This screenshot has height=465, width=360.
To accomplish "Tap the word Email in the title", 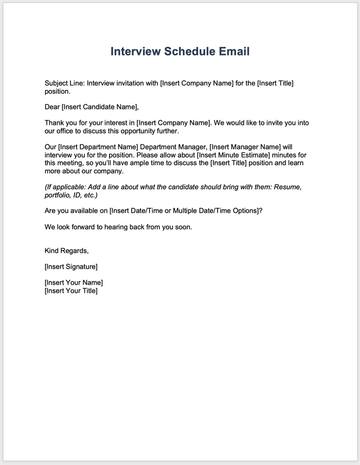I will pyautogui.click(x=232, y=51).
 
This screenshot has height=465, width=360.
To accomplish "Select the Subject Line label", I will pyautogui.click(x=64, y=83).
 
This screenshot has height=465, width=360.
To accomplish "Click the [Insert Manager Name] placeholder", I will pyautogui.click(x=243, y=147).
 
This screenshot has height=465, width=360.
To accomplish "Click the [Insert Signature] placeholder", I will pyautogui.click(x=71, y=267).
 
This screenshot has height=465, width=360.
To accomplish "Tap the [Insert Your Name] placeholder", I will pyautogui.click(x=74, y=283).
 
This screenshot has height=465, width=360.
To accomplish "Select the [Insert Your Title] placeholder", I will pyautogui.click(x=71, y=291).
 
